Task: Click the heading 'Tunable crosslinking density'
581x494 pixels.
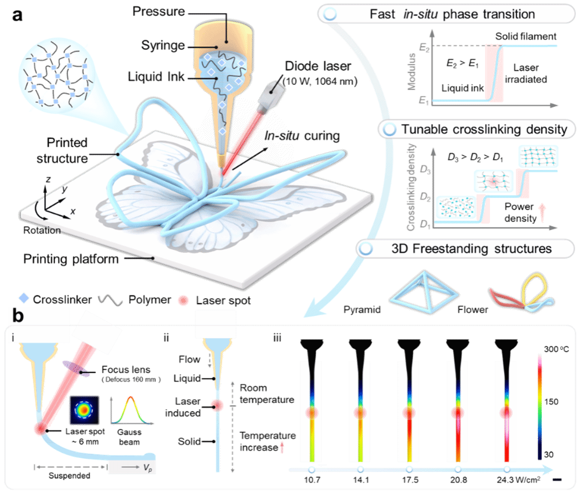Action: coord(484,130)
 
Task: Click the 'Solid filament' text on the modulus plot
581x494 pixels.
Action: coord(527,37)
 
